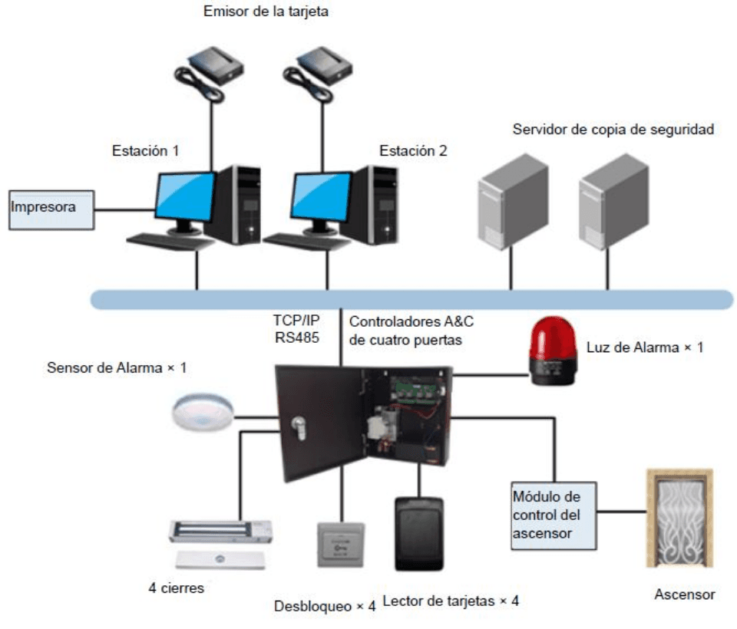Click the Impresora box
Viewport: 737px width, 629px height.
[x=51, y=209]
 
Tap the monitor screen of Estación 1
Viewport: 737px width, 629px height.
[x=184, y=197]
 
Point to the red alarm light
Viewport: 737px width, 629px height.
[x=551, y=352]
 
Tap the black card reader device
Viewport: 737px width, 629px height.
[x=419, y=534]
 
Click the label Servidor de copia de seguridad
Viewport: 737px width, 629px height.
[x=613, y=129]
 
